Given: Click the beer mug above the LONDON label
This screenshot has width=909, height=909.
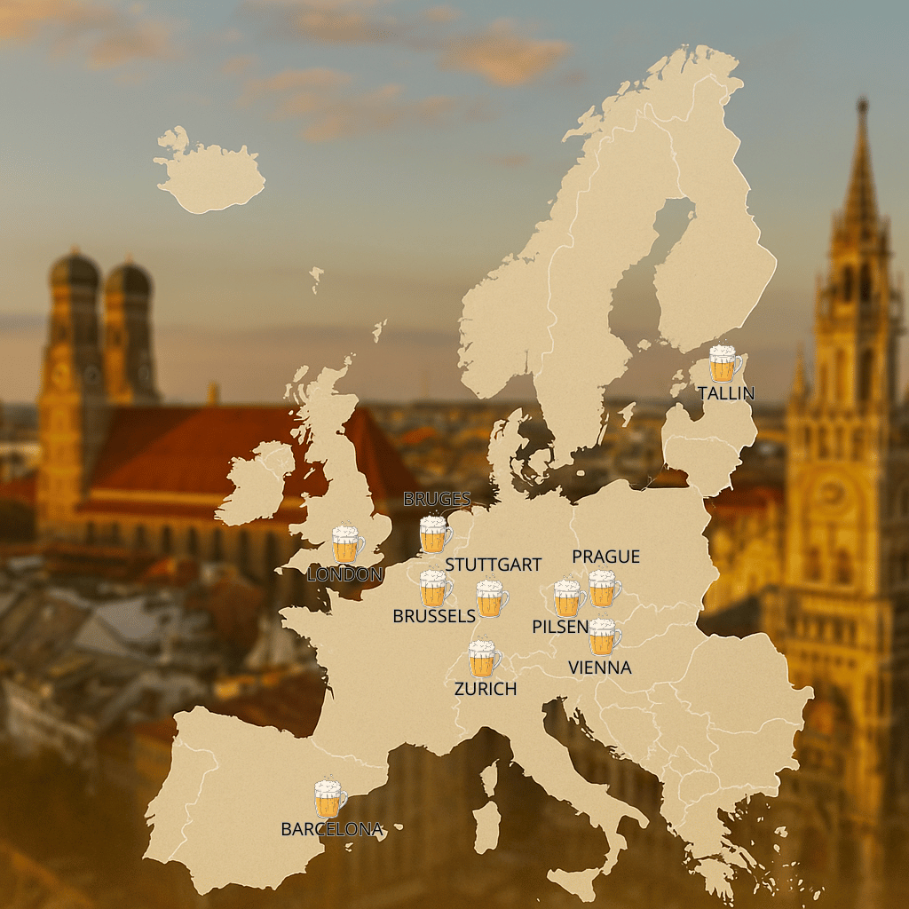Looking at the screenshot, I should [347, 544].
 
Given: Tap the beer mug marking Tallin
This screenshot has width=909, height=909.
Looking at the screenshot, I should [724, 364].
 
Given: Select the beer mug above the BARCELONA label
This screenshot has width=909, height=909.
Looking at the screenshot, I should [329, 799].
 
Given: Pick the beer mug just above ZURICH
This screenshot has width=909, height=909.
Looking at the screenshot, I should [484, 658].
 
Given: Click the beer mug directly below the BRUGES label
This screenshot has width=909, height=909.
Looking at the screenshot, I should [435, 534].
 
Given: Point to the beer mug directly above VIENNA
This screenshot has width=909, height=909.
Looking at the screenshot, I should [604, 636].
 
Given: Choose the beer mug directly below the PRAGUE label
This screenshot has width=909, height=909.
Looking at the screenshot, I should [604, 589].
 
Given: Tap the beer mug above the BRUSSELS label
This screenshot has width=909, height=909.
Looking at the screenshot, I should [435, 589].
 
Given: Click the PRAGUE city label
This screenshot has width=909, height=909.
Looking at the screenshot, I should [605, 557].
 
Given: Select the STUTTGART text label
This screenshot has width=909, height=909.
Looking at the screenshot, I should [493, 565].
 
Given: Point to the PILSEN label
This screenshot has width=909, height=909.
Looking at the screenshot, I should [559, 627].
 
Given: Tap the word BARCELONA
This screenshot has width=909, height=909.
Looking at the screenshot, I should [331, 829].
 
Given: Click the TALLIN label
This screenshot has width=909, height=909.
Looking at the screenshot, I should [725, 392].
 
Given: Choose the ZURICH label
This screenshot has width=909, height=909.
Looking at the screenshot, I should [485, 688].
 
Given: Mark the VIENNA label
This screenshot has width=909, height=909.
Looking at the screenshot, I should [599, 668].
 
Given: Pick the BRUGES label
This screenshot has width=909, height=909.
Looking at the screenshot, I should [437, 499].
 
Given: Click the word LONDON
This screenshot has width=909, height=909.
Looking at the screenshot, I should [344, 574].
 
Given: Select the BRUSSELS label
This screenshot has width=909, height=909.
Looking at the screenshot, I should [434, 616].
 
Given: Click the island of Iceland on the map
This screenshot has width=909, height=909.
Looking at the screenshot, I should [210, 178].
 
